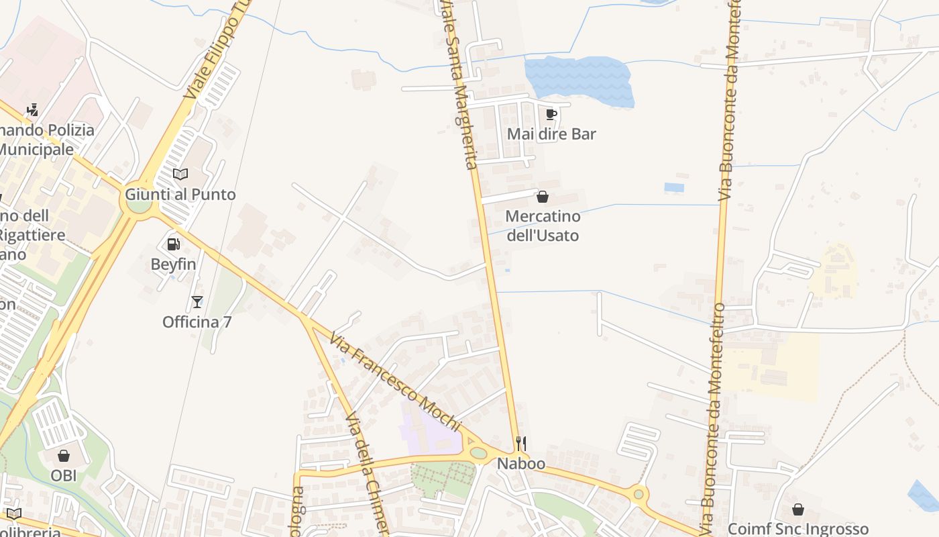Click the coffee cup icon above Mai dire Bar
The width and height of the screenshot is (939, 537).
click(551, 114)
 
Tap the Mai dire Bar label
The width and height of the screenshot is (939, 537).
click(551, 134)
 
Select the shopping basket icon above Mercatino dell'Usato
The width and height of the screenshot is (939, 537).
click(543, 197)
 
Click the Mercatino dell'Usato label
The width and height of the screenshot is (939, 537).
click(543, 226)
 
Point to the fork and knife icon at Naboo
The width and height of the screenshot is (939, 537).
click(520, 444)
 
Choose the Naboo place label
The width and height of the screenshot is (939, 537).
click(520, 464)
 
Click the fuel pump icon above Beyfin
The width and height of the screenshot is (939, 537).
click(173, 244)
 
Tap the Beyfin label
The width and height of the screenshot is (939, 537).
click(173, 264)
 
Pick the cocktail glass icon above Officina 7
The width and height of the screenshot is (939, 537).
click(197, 302)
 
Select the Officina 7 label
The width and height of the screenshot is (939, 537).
click(197, 322)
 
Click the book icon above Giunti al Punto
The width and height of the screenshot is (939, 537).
click(180, 175)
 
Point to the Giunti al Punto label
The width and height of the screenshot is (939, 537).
click(180, 195)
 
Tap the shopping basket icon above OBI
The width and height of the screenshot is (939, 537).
click(64, 456)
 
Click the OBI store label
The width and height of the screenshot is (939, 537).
click(64, 476)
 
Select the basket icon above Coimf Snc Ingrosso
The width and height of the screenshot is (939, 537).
click(798, 509)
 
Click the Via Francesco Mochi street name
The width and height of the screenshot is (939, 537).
click(394, 381)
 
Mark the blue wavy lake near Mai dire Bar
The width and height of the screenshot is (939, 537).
click(578, 80)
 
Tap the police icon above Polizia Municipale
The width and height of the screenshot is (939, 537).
click(32, 109)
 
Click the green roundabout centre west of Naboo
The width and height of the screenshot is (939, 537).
click(478, 452)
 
